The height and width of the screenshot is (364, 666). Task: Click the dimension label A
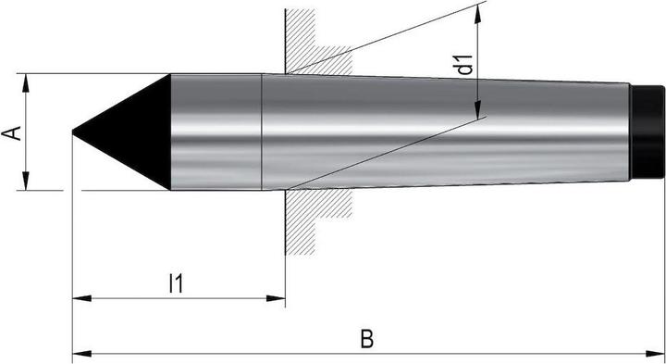(11, 132)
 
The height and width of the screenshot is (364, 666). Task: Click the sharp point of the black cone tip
(74, 132)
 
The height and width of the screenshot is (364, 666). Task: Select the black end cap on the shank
(647, 132)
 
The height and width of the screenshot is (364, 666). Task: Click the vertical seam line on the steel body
(263, 132)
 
